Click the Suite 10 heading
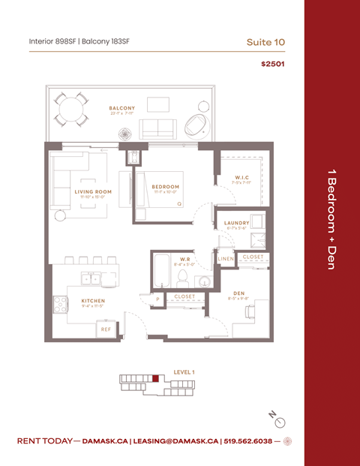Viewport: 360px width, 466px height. (265, 42)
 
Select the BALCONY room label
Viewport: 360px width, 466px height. (121, 108)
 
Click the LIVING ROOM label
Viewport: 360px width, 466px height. (93, 191)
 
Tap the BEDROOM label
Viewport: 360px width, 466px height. (165, 187)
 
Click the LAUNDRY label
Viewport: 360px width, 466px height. (236, 223)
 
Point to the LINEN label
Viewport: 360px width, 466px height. (226, 259)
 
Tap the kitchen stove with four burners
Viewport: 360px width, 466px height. (61, 304)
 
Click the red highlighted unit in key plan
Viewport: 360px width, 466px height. (155, 379)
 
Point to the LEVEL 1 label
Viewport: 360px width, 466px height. (184, 372)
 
